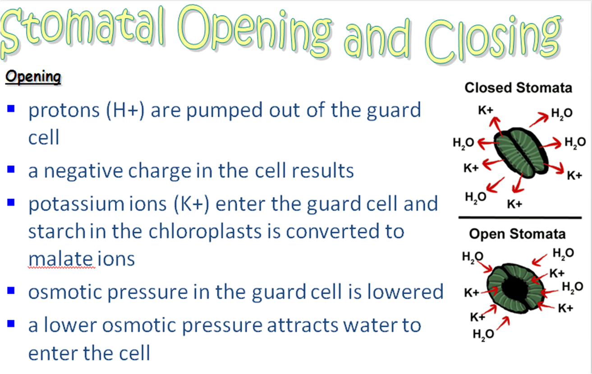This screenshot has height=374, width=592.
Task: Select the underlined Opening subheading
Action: (x=32, y=77)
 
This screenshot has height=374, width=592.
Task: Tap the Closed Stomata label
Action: (x=518, y=87)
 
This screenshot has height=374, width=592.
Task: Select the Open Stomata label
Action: (x=517, y=234)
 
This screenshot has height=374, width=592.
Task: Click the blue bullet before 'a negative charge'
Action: (x=12, y=170)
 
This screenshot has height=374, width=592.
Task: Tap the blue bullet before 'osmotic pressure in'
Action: (x=12, y=291)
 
